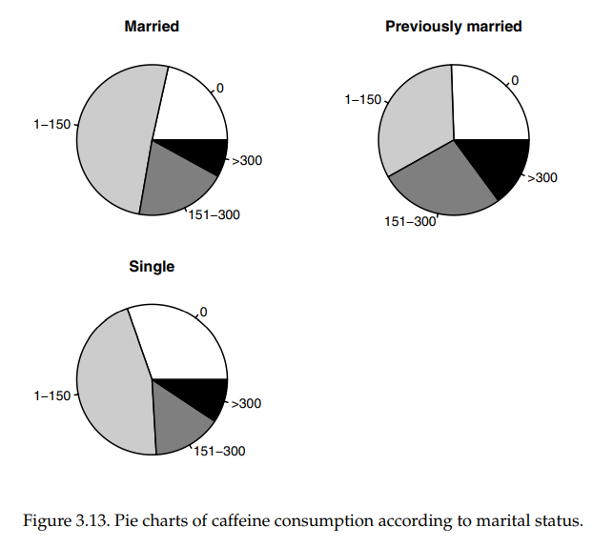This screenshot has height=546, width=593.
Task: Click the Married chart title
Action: click(152, 27)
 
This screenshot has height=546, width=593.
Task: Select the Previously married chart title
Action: click(453, 27)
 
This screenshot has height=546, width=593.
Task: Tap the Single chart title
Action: click(152, 267)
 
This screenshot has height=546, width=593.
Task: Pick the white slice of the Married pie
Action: click(191, 105)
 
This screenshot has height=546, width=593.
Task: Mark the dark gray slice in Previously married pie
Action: click(443, 186)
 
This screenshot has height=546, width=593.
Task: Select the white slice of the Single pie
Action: click(186, 343)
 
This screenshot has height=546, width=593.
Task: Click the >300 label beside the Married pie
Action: click(246, 160)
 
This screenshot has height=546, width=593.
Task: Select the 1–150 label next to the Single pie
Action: click(51, 395)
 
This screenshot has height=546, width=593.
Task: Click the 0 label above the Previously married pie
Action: click(515, 80)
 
